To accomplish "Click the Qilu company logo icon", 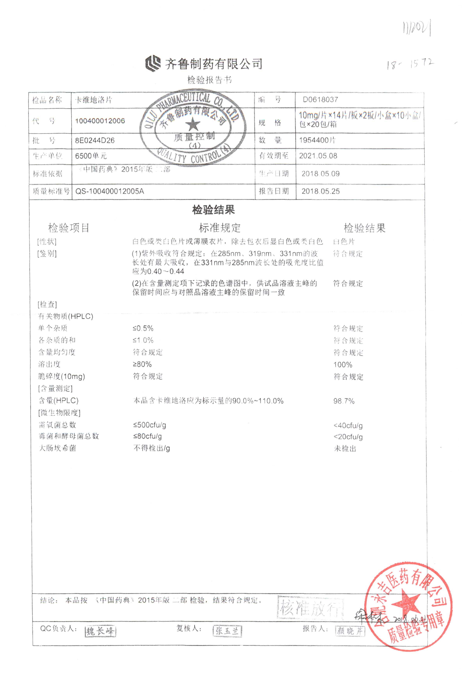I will pos(153,63).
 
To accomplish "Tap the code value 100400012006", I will pos(100,121).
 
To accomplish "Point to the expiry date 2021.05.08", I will pos(318,156).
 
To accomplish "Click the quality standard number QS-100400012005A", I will pos(110,191).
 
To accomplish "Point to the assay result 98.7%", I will pos(344,401).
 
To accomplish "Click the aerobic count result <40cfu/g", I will pos(348,425).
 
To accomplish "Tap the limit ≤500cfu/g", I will pos(149,425).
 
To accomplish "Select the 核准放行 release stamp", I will pos(310,607).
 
